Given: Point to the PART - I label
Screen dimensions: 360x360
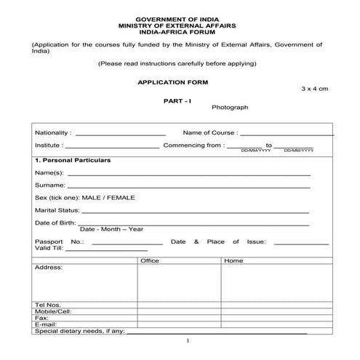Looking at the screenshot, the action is click(x=177, y=100).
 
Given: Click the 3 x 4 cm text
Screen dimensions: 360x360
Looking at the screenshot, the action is click(x=314, y=88).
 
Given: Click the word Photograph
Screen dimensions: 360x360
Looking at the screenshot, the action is click(x=230, y=107).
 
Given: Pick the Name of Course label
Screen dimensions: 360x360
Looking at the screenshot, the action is click(x=209, y=133).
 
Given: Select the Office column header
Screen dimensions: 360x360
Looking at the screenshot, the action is click(x=150, y=260).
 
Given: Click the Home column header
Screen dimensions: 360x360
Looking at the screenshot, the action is click(x=233, y=260).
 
